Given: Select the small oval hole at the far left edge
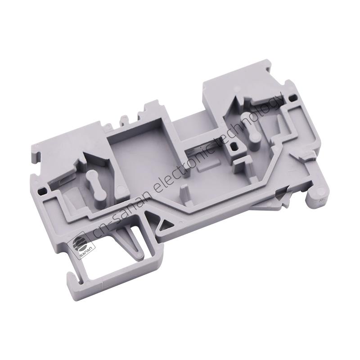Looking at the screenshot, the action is coord(41,190).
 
